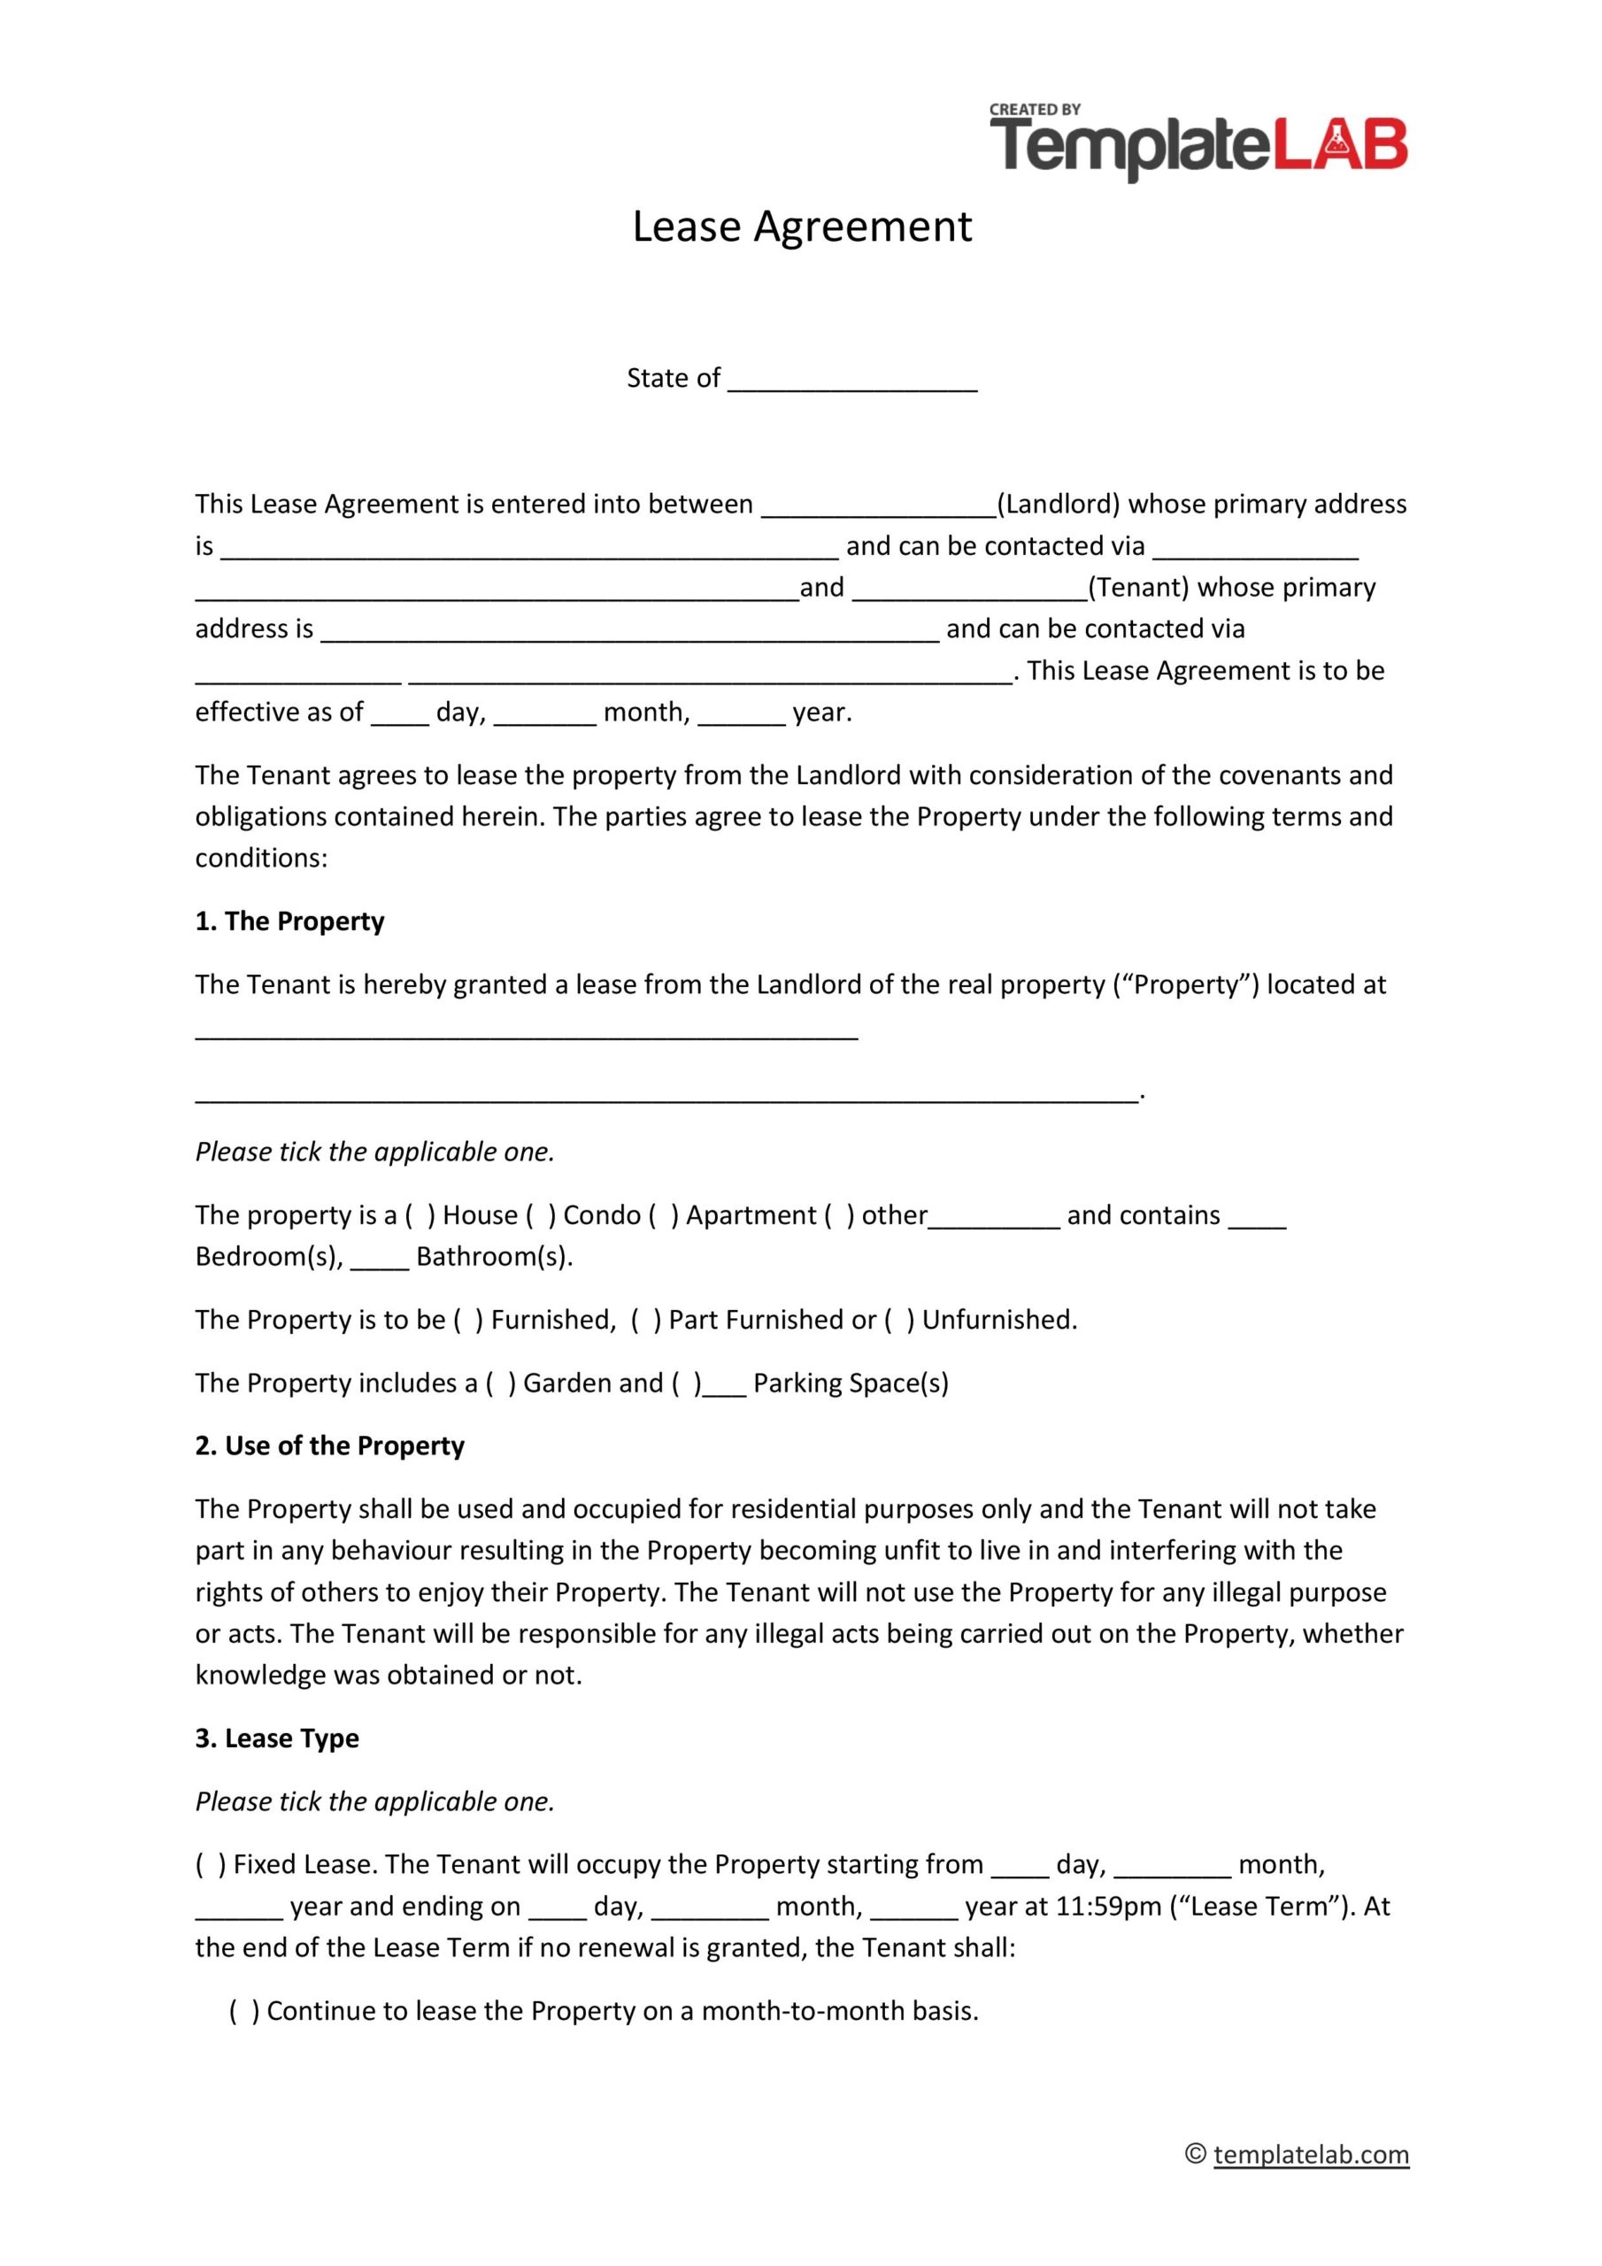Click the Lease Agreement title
802,227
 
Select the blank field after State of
851,380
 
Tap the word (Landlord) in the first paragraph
1059,505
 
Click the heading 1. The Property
289,921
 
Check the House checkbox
420,1215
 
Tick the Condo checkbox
540,1215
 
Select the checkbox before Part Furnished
645,1320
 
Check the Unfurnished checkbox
899,1320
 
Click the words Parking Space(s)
850,1383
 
